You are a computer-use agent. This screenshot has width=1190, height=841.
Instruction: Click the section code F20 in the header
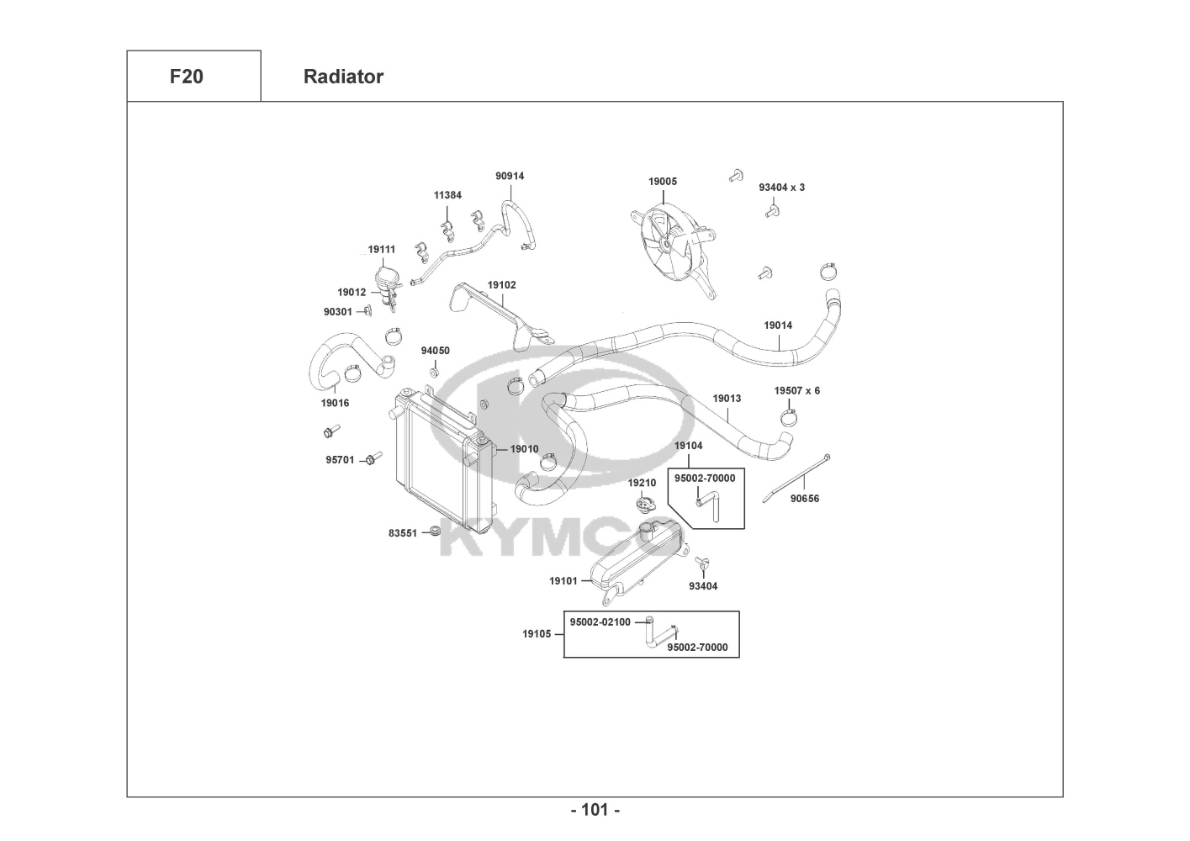pos(186,77)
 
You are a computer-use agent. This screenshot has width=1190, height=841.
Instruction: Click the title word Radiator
pos(343,77)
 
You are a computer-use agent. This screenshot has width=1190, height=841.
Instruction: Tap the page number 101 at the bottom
pos(595,810)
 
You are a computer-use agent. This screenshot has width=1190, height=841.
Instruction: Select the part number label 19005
pos(662,182)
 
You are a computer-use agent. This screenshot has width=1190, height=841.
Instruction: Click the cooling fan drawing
pos(673,243)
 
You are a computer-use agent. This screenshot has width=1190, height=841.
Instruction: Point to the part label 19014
pos(777,325)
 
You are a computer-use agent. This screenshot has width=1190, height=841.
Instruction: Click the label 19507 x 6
pos(796,391)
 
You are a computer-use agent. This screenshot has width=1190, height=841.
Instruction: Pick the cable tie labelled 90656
pos(795,480)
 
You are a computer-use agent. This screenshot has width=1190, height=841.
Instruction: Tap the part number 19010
pos(524,449)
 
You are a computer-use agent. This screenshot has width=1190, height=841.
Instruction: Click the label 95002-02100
pos(600,622)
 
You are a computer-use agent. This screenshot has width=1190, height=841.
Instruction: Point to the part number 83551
pos(403,533)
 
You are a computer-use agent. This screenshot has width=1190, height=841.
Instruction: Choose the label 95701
pos(340,460)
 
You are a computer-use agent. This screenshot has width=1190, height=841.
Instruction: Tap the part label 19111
pos(381,250)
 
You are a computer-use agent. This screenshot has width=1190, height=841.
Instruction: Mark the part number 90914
pos(510,177)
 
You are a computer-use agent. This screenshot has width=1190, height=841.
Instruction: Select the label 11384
pos(447,195)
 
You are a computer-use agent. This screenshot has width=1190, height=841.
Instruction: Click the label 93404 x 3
pos(781,188)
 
